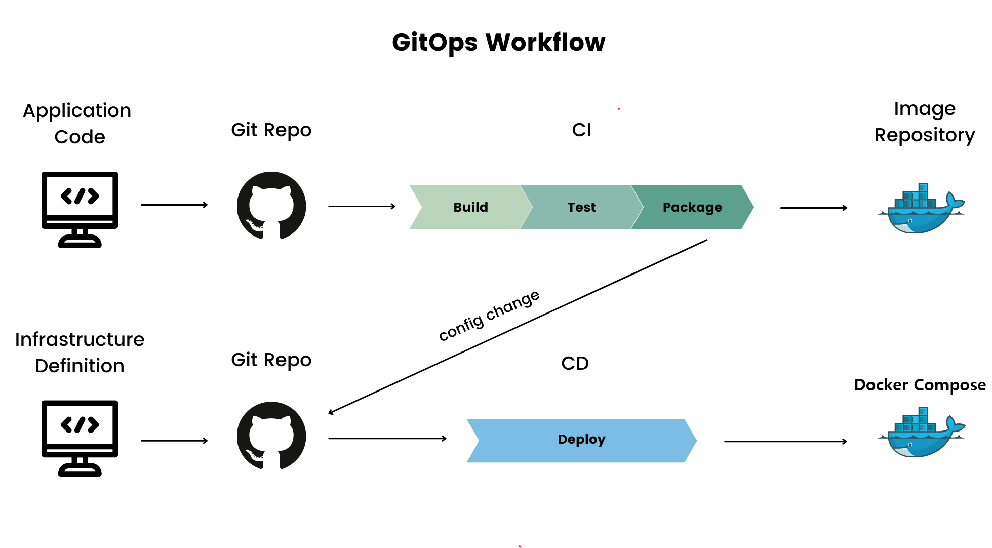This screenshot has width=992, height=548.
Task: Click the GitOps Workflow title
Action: pos(498,42)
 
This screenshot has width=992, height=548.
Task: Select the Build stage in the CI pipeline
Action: pos(470,207)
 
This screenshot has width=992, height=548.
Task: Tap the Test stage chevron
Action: pos(581,207)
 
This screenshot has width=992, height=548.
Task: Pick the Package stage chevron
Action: pos(692,207)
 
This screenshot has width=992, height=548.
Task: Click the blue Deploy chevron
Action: pos(581,440)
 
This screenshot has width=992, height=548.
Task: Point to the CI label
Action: pos(581,130)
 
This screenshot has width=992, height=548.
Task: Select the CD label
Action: pos(575,364)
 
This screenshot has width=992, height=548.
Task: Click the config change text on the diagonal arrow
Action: pos(489,316)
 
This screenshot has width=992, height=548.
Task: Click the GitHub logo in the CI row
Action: pos(271,206)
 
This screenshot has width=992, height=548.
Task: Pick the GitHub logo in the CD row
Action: pos(271,436)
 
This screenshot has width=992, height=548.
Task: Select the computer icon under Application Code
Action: pos(80,209)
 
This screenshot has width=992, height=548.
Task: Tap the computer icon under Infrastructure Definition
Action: pos(80,438)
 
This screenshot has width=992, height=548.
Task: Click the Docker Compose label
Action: pos(920,385)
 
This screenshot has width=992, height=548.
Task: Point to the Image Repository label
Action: pos(925,122)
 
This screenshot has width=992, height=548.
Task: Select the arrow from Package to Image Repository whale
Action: pos(813,208)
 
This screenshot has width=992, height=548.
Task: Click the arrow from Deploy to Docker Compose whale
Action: pos(785,442)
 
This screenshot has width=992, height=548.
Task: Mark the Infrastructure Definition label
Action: pos(80,353)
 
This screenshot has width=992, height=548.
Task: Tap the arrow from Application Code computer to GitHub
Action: pos(174,205)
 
